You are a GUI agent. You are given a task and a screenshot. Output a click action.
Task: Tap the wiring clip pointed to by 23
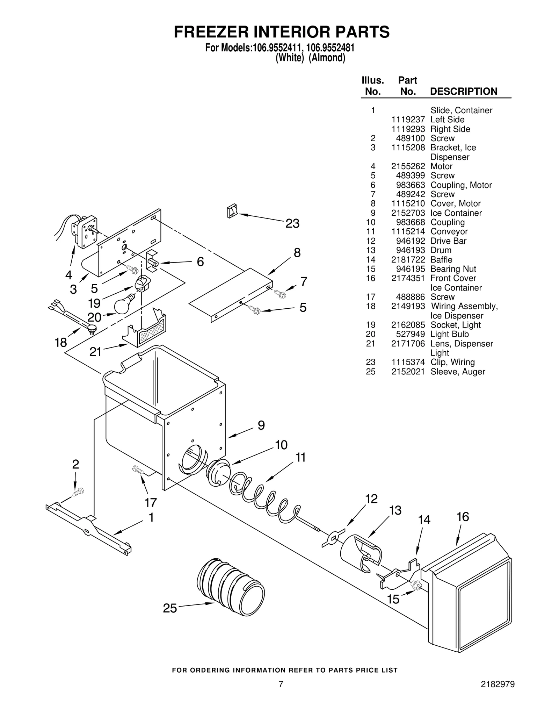tap(232, 211)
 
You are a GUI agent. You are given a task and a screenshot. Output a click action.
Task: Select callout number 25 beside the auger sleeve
tap(170, 608)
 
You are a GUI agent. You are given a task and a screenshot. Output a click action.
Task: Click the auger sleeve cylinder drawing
tap(230, 585)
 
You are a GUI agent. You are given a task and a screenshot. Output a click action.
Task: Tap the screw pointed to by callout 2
tap(78, 492)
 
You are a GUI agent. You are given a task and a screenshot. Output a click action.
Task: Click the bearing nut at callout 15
tap(416, 584)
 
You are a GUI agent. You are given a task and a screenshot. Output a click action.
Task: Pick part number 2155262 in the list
tap(408, 166)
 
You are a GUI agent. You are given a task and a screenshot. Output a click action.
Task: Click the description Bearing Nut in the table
tap(453, 269)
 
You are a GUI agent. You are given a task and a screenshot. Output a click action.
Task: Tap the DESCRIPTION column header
tap(463, 91)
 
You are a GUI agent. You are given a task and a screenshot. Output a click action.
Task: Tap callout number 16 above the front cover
tap(463, 517)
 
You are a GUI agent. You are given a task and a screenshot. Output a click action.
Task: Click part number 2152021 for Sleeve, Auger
tap(408, 372)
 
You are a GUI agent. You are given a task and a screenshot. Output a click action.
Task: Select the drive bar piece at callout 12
tap(333, 538)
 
